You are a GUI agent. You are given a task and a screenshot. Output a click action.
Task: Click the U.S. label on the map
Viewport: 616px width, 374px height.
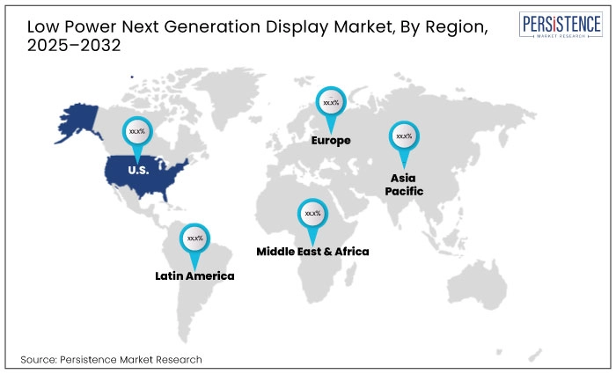(x=137, y=170)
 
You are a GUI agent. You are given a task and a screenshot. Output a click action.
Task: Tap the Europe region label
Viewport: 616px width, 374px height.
(x=331, y=140)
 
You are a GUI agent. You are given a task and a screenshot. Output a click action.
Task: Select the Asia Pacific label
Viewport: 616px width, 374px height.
(x=403, y=183)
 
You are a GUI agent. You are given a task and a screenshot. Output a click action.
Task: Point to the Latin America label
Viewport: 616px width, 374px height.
(x=194, y=275)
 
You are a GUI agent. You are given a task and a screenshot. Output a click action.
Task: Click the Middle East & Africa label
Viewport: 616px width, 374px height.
(x=312, y=251)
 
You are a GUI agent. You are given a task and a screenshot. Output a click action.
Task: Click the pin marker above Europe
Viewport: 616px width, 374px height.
(x=331, y=104)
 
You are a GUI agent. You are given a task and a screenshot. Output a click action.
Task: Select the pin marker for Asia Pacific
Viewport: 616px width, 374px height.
(x=404, y=137)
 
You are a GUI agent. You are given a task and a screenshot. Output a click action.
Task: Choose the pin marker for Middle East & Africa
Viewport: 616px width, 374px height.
(x=312, y=214)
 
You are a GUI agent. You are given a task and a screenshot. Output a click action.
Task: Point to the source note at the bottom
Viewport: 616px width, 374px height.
(x=111, y=359)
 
